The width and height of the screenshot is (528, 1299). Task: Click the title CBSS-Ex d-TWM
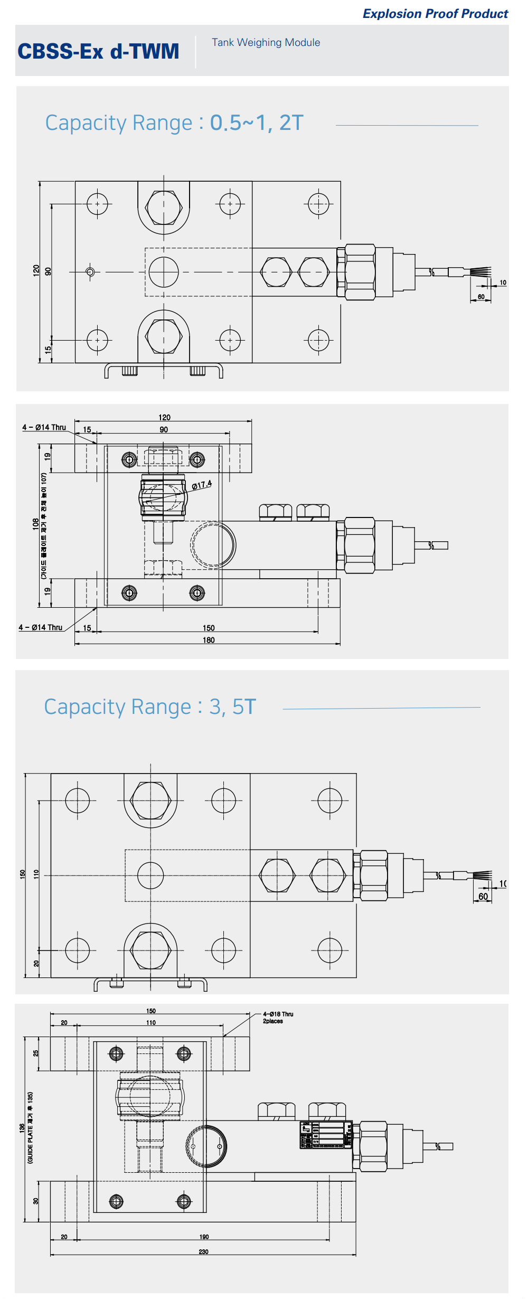pyautogui.click(x=98, y=51)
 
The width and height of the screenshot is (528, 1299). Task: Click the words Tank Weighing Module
pyautogui.click(x=266, y=42)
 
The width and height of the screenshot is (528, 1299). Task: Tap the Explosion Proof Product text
pyautogui.click(x=435, y=14)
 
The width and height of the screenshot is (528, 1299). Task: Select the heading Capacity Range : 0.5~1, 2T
pyautogui.click(x=174, y=123)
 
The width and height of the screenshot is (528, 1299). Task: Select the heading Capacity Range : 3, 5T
pyautogui.click(x=150, y=707)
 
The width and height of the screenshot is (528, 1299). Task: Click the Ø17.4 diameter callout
pyautogui.click(x=202, y=485)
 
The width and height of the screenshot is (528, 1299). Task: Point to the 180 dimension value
pyautogui.click(x=209, y=640)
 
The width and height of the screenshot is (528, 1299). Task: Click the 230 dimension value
pyautogui.click(x=203, y=1251)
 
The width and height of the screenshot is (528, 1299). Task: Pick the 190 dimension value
pyautogui.click(x=204, y=1237)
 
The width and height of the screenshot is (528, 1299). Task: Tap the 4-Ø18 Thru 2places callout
pyautogui.click(x=278, y=1018)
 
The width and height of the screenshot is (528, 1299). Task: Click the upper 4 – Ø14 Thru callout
pyautogui.click(x=44, y=427)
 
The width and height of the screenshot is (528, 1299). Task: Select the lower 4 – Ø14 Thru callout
pyautogui.click(x=41, y=627)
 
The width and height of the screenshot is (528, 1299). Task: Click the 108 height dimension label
pyautogui.click(x=35, y=524)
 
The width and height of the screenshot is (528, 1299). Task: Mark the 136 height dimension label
pyautogui.click(x=22, y=1127)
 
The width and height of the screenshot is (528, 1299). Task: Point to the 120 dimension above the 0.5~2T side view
pyautogui.click(x=164, y=417)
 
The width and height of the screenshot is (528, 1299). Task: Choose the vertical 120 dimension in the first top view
pyautogui.click(x=36, y=270)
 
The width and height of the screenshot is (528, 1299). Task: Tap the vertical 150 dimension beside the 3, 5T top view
pyautogui.click(x=22, y=874)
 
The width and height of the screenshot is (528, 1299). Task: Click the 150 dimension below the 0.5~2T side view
pyautogui.click(x=209, y=628)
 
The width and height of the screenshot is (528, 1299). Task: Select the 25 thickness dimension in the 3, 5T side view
pyautogui.click(x=36, y=1053)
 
